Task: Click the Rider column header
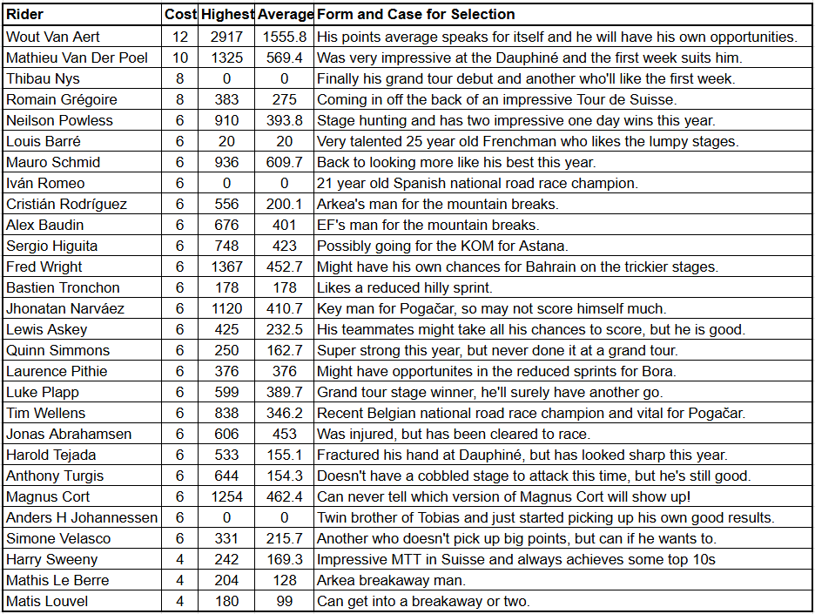tap(25, 15)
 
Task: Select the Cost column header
tap(179, 15)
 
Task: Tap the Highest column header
tap(226, 15)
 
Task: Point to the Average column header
tap(285, 15)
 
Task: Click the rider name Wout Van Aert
tap(52, 37)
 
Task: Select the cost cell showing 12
tap(179, 37)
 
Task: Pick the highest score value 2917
tap(226, 37)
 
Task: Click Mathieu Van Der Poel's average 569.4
tap(285, 57)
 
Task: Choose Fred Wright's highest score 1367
tap(226, 267)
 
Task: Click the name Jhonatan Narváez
tap(64, 308)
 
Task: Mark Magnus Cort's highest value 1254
tap(226, 496)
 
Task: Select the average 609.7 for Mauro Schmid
tap(285, 162)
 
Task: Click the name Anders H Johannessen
tap(81, 517)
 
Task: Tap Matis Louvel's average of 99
tap(285, 601)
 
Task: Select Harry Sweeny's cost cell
tap(179, 559)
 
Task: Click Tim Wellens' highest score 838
tap(226, 413)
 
